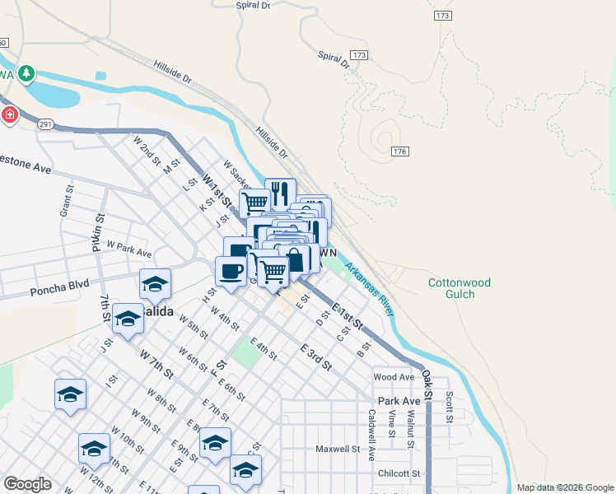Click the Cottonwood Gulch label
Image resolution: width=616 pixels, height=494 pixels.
point(459,289)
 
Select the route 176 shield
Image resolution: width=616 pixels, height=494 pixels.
point(400,151)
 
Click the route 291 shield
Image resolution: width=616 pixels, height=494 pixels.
point(45,123)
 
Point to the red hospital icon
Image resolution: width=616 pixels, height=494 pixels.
point(10,114)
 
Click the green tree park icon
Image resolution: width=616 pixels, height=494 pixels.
point(27,74)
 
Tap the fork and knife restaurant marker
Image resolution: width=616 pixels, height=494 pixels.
point(280,194)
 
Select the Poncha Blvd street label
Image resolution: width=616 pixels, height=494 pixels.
point(58,291)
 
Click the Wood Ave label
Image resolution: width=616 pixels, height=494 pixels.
point(394,377)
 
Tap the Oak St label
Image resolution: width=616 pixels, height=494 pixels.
point(428,380)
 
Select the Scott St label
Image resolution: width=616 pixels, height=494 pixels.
point(450,406)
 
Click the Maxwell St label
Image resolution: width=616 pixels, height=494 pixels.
point(339,450)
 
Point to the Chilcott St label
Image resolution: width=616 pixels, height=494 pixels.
point(399,473)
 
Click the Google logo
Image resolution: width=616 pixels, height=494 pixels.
point(27,484)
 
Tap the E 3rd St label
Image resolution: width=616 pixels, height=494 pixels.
point(315,355)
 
